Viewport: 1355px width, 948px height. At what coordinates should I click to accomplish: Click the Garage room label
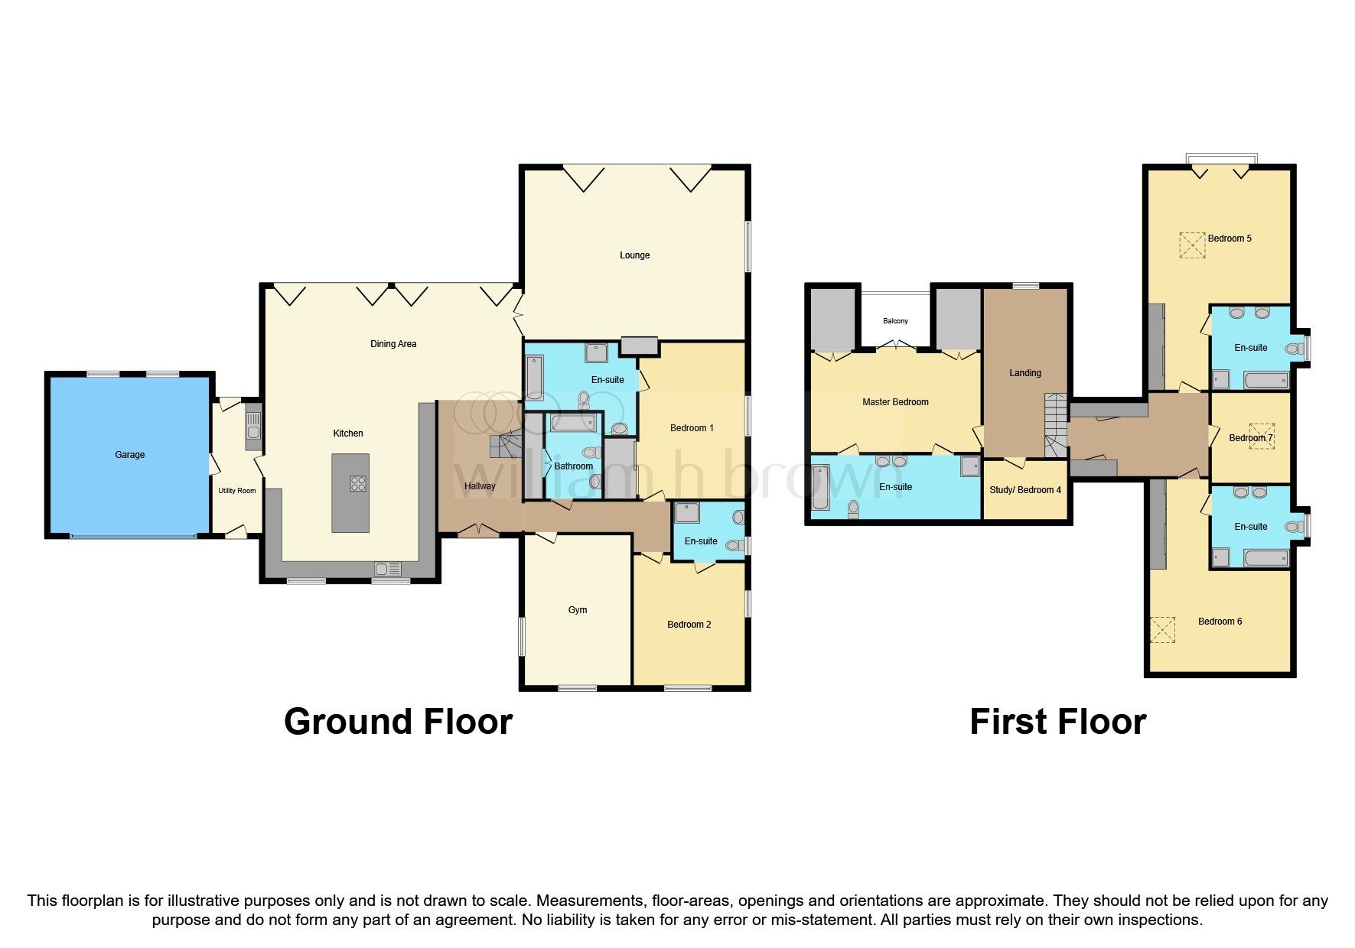point(129,454)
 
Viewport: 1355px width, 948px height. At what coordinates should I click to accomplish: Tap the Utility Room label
point(237,491)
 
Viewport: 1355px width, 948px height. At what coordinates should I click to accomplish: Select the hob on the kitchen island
point(357,483)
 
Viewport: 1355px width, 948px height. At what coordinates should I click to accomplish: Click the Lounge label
point(634,255)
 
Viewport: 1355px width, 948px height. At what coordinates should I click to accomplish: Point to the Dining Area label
point(393,344)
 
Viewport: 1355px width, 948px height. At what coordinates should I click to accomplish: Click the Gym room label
point(578,610)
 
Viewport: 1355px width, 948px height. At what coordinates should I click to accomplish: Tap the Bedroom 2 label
point(689,625)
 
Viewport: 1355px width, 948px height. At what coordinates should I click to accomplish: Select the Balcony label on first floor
point(895,321)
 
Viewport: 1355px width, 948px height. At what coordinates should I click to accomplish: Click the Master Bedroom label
point(895,402)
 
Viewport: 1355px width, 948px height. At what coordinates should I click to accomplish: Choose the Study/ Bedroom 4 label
point(1025,490)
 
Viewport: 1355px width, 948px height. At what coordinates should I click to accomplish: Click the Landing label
point(1024,373)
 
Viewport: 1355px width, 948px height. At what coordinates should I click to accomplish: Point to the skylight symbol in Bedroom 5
point(1191,245)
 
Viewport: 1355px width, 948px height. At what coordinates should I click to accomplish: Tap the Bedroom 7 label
point(1250,438)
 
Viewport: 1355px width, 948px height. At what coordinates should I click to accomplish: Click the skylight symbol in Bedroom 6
point(1163,630)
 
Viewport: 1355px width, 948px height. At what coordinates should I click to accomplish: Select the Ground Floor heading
point(398,722)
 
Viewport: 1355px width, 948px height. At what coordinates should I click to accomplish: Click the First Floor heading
point(1057,722)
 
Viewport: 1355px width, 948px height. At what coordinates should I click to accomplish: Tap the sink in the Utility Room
point(252,432)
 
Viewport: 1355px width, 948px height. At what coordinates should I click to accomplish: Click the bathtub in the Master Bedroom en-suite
point(819,488)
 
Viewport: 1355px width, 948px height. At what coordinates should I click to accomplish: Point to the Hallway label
point(480,486)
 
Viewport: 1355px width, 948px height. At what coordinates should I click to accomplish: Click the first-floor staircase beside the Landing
point(1056,425)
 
